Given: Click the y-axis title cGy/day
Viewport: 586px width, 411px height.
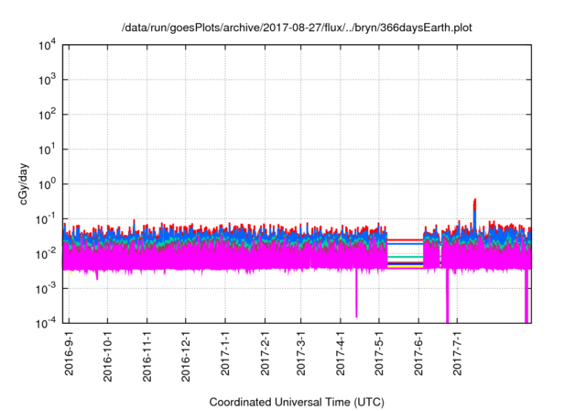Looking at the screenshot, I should click(x=30, y=183).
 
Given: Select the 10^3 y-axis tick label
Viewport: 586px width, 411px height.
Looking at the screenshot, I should click(x=47, y=80).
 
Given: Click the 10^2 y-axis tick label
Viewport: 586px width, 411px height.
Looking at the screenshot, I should click(x=47, y=115).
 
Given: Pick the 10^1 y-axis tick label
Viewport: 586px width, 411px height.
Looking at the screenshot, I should click(x=47, y=149).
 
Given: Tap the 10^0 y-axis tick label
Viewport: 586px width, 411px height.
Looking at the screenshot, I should click(x=47, y=183).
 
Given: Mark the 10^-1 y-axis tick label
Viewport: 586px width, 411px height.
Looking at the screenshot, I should click(x=47, y=218).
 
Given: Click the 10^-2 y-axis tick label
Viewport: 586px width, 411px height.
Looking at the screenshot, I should click(x=47, y=253).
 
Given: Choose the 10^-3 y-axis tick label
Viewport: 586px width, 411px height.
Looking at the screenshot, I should click(x=47, y=287).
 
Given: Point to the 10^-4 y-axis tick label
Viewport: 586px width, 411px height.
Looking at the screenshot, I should click(x=47, y=322).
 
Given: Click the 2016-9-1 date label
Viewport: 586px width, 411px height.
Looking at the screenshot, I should click(x=69, y=356).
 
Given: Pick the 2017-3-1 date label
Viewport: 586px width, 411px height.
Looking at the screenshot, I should click(x=301, y=356).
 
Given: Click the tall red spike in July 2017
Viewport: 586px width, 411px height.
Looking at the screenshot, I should click(x=474, y=204).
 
